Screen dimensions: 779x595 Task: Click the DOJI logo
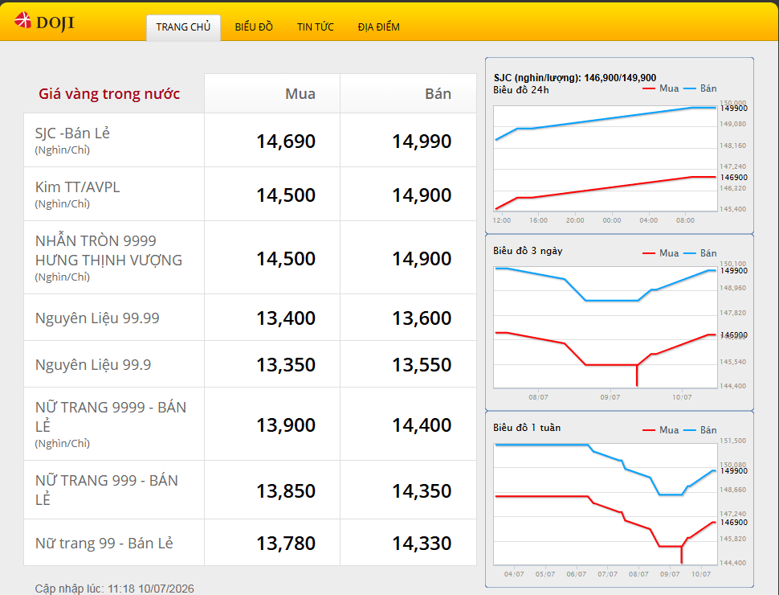click(x=44, y=22)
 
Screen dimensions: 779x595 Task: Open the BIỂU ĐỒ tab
click(x=254, y=27)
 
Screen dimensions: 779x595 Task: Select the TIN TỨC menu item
click(x=316, y=27)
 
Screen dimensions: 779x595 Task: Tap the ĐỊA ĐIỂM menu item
click(x=378, y=27)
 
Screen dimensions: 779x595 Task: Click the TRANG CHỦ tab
click(x=183, y=27)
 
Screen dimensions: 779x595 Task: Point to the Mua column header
click(x=300, y=93)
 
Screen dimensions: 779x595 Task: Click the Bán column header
click(x=438, y=93)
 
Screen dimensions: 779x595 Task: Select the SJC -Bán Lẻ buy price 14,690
click(x=286, y=142)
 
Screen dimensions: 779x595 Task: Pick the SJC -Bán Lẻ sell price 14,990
click(x=422, y=142)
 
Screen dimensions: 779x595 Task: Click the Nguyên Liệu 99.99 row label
click(x=97, y=318)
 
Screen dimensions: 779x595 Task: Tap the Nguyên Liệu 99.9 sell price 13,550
click(x=422, y=365)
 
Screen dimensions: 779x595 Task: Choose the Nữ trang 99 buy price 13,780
click(x=286, y=544)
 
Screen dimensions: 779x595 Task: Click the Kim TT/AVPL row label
click(x=78, y=187)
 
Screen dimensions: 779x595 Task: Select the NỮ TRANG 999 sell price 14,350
click(x=422, y=491)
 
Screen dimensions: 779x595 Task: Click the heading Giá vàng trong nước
click(x=109, y=93)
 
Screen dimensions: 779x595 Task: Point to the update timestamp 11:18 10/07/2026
click(x=151, y=589)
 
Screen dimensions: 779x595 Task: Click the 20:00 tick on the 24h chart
click(x=575, y=220)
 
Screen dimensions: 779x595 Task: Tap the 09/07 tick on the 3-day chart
click(x=610, y=397)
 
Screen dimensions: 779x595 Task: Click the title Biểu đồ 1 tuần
click(x=527, y=428)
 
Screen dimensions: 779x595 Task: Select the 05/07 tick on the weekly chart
click(x=545, y=574)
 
